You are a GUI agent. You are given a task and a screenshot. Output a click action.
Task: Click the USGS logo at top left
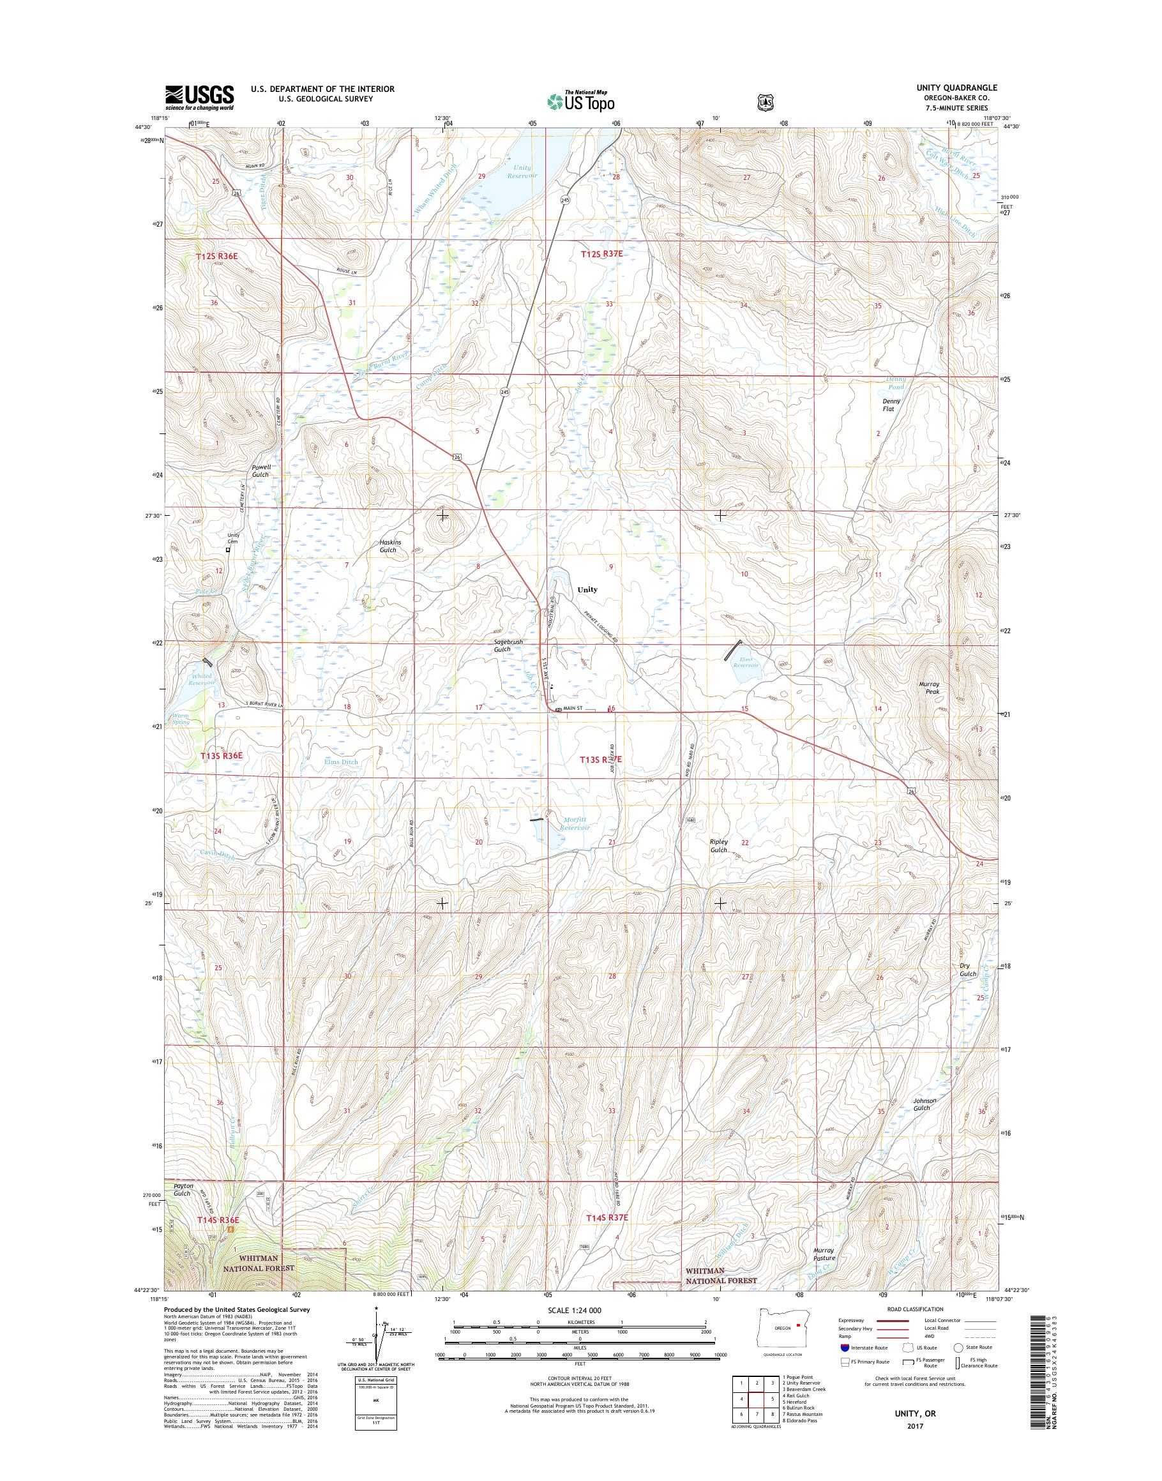point(199,98)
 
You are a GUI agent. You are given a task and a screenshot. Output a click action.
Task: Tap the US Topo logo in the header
point(581,101)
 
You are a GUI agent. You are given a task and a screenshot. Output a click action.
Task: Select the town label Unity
point(587,590)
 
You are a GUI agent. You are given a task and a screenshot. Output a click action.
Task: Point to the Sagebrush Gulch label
point(501,645)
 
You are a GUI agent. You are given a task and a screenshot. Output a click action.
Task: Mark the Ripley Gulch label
point(719,846)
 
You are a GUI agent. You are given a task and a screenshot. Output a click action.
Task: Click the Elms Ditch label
point(341,762)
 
